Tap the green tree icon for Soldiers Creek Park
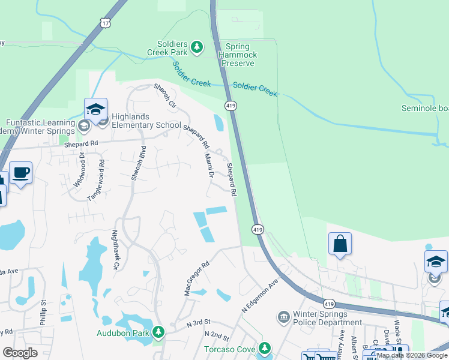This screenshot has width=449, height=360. (197, 46)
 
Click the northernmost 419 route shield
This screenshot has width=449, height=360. (231, 106)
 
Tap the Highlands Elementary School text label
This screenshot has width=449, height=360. (143, 125)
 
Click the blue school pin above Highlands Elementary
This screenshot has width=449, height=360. (95, 110)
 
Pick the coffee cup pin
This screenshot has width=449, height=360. (21, 173)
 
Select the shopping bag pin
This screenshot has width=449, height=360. (340, 244)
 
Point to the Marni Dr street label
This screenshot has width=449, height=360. (209, 166)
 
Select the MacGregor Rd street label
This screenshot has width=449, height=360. (196, 278)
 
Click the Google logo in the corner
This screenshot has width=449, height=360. (20, 353)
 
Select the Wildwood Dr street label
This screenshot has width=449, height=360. (78, 170)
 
